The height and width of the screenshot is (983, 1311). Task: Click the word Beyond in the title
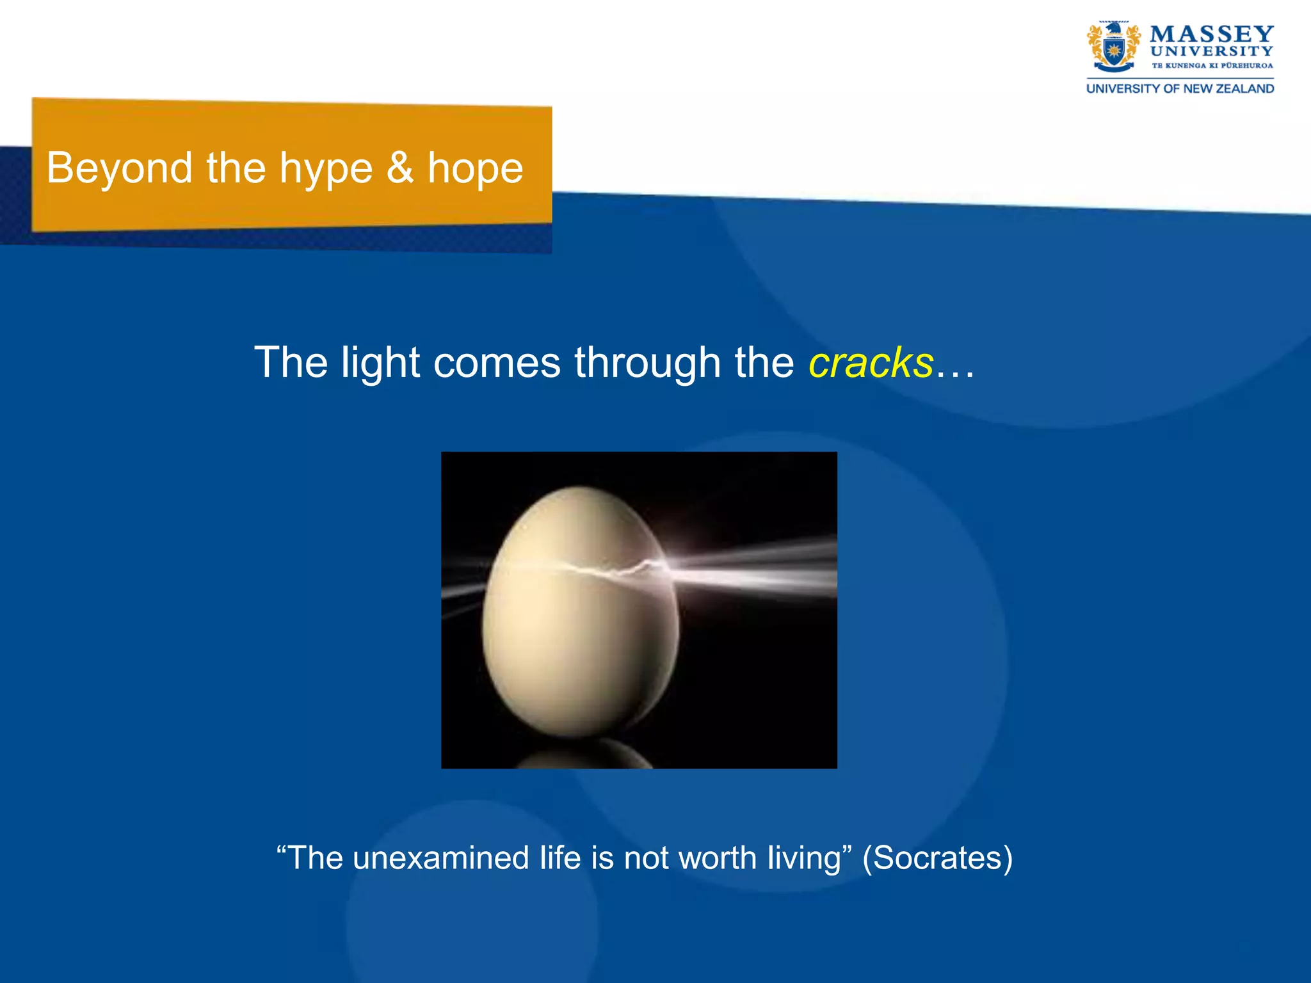pos(119,168)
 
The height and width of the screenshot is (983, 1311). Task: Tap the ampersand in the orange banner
pos(400,168)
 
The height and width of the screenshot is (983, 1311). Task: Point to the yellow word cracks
pos(871,363)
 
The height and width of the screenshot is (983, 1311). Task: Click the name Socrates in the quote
pos(937,858)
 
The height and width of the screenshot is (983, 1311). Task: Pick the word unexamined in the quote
pos(440,858)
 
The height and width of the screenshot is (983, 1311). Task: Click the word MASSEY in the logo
pos(1211,34)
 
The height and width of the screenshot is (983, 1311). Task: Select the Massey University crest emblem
pos(1113,47)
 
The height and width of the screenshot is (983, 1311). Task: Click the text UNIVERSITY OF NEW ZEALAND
pos(1180,89)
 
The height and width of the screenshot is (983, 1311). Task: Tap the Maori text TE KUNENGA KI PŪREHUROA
pos(1212,65)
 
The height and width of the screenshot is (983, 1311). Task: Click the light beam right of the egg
pos(755,566)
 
